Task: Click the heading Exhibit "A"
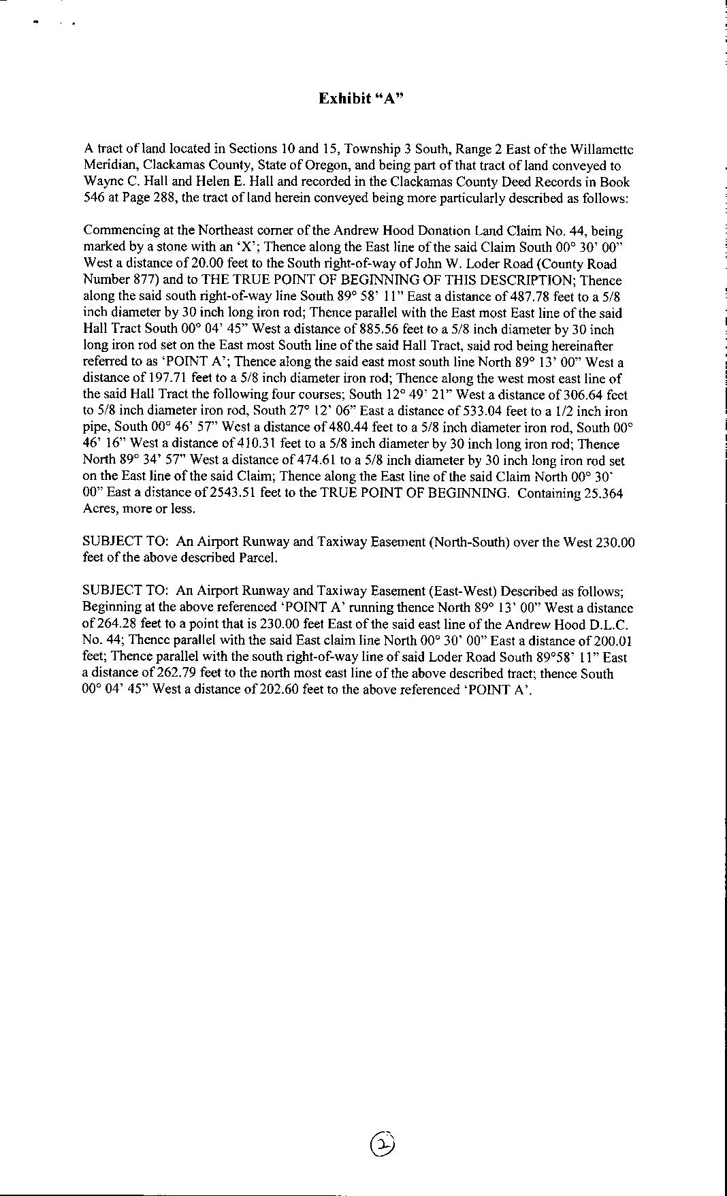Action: pyautogui.click(x=361, y=98)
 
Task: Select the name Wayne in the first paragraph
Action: pyautogui.click(x=100, y=182)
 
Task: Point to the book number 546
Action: pyautogui.click(x=93, y=198)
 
